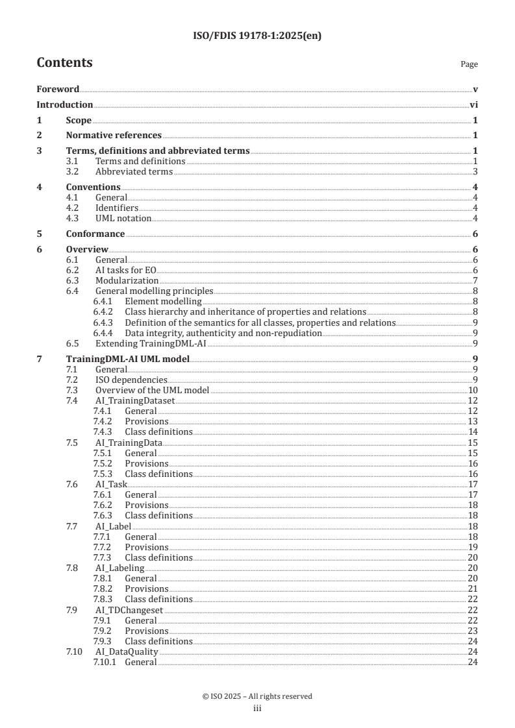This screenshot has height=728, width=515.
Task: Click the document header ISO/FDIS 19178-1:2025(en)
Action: (x=257, y=36)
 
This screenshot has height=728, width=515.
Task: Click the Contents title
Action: (x=64, y=63)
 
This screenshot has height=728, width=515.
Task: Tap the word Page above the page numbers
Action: (x=469, y=64)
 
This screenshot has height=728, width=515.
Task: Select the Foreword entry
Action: (x=58, y=89)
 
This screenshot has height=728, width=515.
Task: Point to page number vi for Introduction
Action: (x=473, y=104)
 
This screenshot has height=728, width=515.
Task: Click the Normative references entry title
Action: (x=114, y=136)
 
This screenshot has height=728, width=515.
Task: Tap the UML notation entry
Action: (x=123, y=219)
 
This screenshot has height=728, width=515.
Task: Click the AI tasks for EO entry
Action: (x=126, y=271)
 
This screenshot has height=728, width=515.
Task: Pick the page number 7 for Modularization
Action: (x=475, y=281)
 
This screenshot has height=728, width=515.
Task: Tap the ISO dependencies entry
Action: (x=131, y=380)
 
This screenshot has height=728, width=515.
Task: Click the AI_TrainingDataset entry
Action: (x=135, y=401)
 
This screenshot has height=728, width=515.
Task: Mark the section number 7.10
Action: (x=74, y=651)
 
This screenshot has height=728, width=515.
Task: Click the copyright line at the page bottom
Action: (x=257, y=696)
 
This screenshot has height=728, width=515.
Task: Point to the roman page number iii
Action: (x=257, y=709)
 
